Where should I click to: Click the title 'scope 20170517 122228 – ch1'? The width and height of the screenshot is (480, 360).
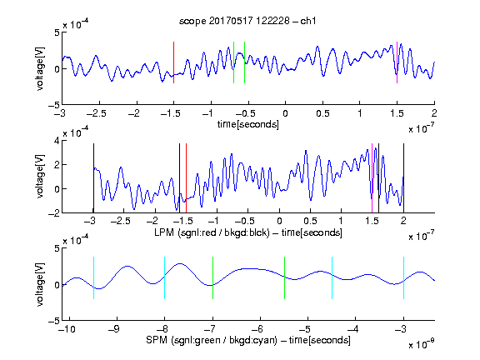point(247,21)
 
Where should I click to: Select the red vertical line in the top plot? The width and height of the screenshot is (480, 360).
point(173,62)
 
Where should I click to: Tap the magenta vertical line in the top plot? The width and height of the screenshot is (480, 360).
point(397,62)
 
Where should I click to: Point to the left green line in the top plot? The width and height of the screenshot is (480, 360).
point(233,62)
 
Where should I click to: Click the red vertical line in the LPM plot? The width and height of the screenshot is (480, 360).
point(186,178)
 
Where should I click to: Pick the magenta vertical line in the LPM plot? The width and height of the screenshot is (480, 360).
point(372,178)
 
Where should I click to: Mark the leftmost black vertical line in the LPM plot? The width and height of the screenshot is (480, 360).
point(93,178)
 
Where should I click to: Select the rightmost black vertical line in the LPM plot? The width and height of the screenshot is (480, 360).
point(403,178)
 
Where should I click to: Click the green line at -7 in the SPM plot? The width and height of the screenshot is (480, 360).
point(212,278)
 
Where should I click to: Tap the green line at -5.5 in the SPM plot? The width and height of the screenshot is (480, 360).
point(284,278)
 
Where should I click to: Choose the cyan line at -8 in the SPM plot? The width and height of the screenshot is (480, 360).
point(165,278)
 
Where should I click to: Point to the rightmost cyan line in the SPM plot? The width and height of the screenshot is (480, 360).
point(404,278)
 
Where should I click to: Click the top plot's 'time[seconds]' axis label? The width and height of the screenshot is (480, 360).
point(248,124)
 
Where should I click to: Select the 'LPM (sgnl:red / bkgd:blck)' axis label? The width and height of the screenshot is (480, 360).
point(212,232)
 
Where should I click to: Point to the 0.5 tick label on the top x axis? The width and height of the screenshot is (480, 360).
point(323,113)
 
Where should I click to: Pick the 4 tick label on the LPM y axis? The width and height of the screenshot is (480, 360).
point(57,142)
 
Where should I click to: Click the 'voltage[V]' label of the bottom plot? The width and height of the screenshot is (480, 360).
point(40,284)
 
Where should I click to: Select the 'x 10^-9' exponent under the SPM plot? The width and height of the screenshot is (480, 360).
point(421,343)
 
